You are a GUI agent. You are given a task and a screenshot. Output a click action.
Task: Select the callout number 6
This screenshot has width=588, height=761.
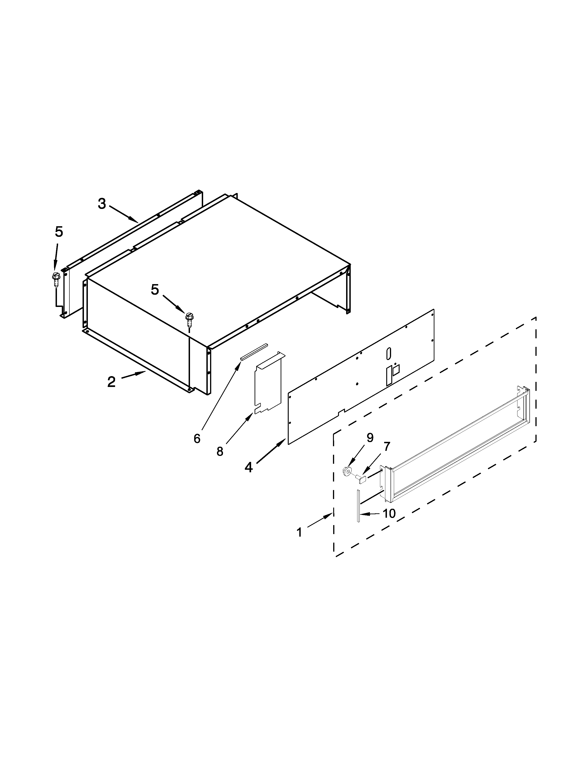pyautogui.click(x=197, y=439)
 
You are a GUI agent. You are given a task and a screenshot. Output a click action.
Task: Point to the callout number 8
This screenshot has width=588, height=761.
pyautogui.click(x=220, y=451)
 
